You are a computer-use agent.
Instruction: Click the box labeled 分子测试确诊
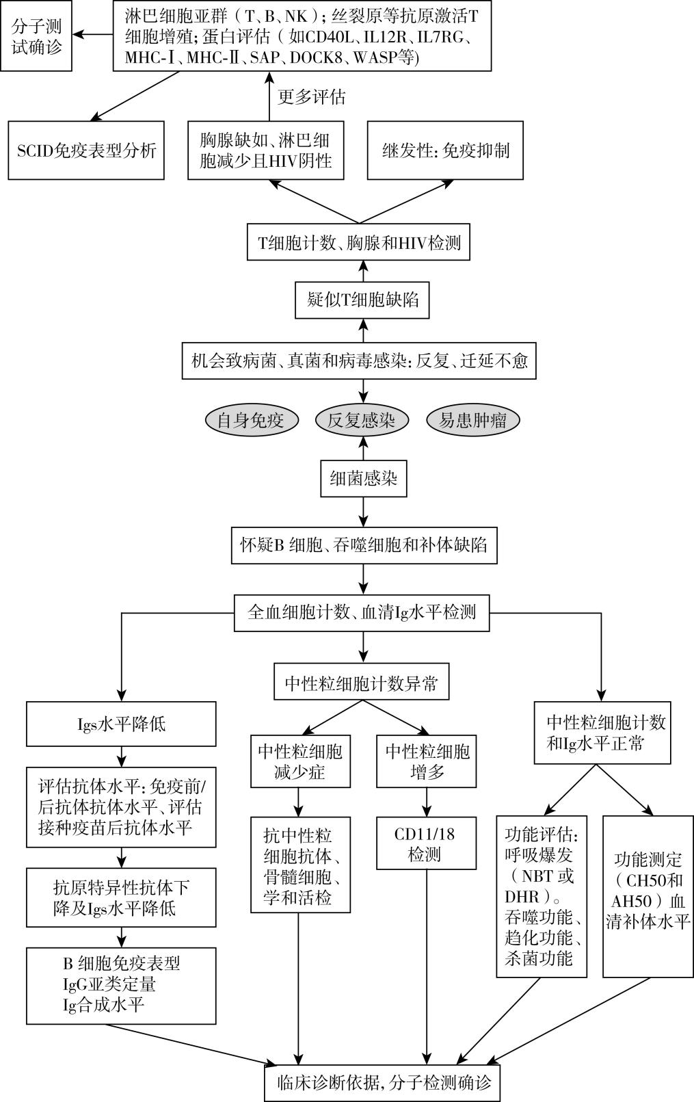coord(36,37)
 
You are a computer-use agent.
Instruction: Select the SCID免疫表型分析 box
coord(87,150)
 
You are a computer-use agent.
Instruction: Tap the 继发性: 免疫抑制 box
coord(445,150)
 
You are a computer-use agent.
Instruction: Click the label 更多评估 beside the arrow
coord(312,96)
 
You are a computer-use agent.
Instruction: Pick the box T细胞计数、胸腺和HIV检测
coord(359,242)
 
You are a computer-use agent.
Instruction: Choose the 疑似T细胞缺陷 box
coord(362,300)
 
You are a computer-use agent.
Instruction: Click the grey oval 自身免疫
coord(252,420)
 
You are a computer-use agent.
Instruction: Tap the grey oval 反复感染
coord(362,420)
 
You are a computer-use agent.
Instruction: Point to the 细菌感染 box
coord(363,477)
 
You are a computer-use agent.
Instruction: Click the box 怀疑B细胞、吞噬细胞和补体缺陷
coord(364,545)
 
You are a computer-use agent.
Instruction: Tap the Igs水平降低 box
coord(121,724)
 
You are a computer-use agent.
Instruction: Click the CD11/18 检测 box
coord(426,844)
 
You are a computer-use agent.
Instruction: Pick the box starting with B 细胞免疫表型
coord(121,984)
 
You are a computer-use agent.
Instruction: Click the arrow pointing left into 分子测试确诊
coord(92,34)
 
